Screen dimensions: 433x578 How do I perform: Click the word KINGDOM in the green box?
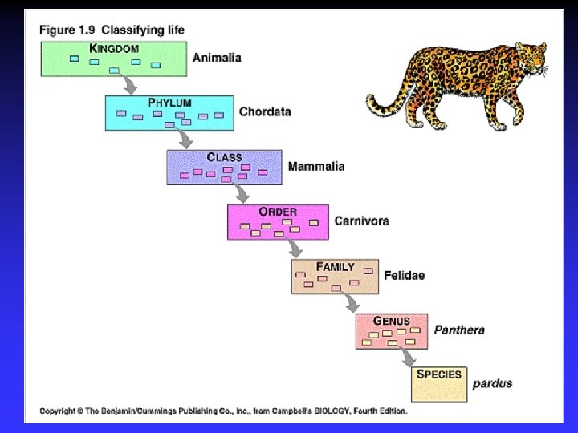(115, 48)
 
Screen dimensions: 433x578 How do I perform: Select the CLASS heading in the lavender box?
(224, 157)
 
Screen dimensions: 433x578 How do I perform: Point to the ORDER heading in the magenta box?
(278, 212)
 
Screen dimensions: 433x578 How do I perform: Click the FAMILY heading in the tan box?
(335, 266)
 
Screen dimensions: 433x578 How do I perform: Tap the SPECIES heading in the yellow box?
(439, 374)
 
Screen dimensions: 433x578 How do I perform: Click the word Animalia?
(217, 58)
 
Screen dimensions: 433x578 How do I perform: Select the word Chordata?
(265, 112)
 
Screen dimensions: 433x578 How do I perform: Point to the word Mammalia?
(316, 167)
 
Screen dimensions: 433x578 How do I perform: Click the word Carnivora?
(361, 221)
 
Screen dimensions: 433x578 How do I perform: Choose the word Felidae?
(404, 275)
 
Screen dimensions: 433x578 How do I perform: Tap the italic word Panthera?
(459, 330)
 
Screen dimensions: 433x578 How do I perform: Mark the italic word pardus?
(492, 383)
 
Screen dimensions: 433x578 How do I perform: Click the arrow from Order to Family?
(294, 247)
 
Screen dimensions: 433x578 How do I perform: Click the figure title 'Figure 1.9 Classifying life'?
(112, 30)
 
